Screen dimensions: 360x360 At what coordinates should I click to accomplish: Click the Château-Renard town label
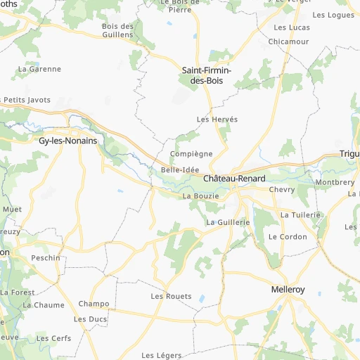235,179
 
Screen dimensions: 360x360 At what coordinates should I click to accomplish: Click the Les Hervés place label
217,120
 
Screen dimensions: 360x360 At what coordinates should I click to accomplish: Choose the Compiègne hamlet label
191,153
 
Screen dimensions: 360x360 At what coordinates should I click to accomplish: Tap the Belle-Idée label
180,169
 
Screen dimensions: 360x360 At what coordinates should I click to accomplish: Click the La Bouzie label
201,196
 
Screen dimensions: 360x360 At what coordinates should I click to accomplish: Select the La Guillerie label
229,222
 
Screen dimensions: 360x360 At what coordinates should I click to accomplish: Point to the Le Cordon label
288,237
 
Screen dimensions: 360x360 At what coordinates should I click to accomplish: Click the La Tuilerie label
300,214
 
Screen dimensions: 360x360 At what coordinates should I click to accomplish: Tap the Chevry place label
281,190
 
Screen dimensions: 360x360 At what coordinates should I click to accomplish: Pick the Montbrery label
335,182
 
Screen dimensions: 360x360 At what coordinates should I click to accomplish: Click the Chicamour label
288,41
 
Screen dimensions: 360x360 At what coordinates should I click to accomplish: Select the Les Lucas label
291,27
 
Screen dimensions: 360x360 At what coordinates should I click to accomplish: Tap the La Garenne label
40,69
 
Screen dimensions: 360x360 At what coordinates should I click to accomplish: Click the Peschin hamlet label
46,258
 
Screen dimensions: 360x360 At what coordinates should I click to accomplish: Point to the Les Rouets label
171,297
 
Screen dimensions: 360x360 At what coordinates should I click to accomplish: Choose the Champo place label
94,304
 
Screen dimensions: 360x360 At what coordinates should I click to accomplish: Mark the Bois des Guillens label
117,30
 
